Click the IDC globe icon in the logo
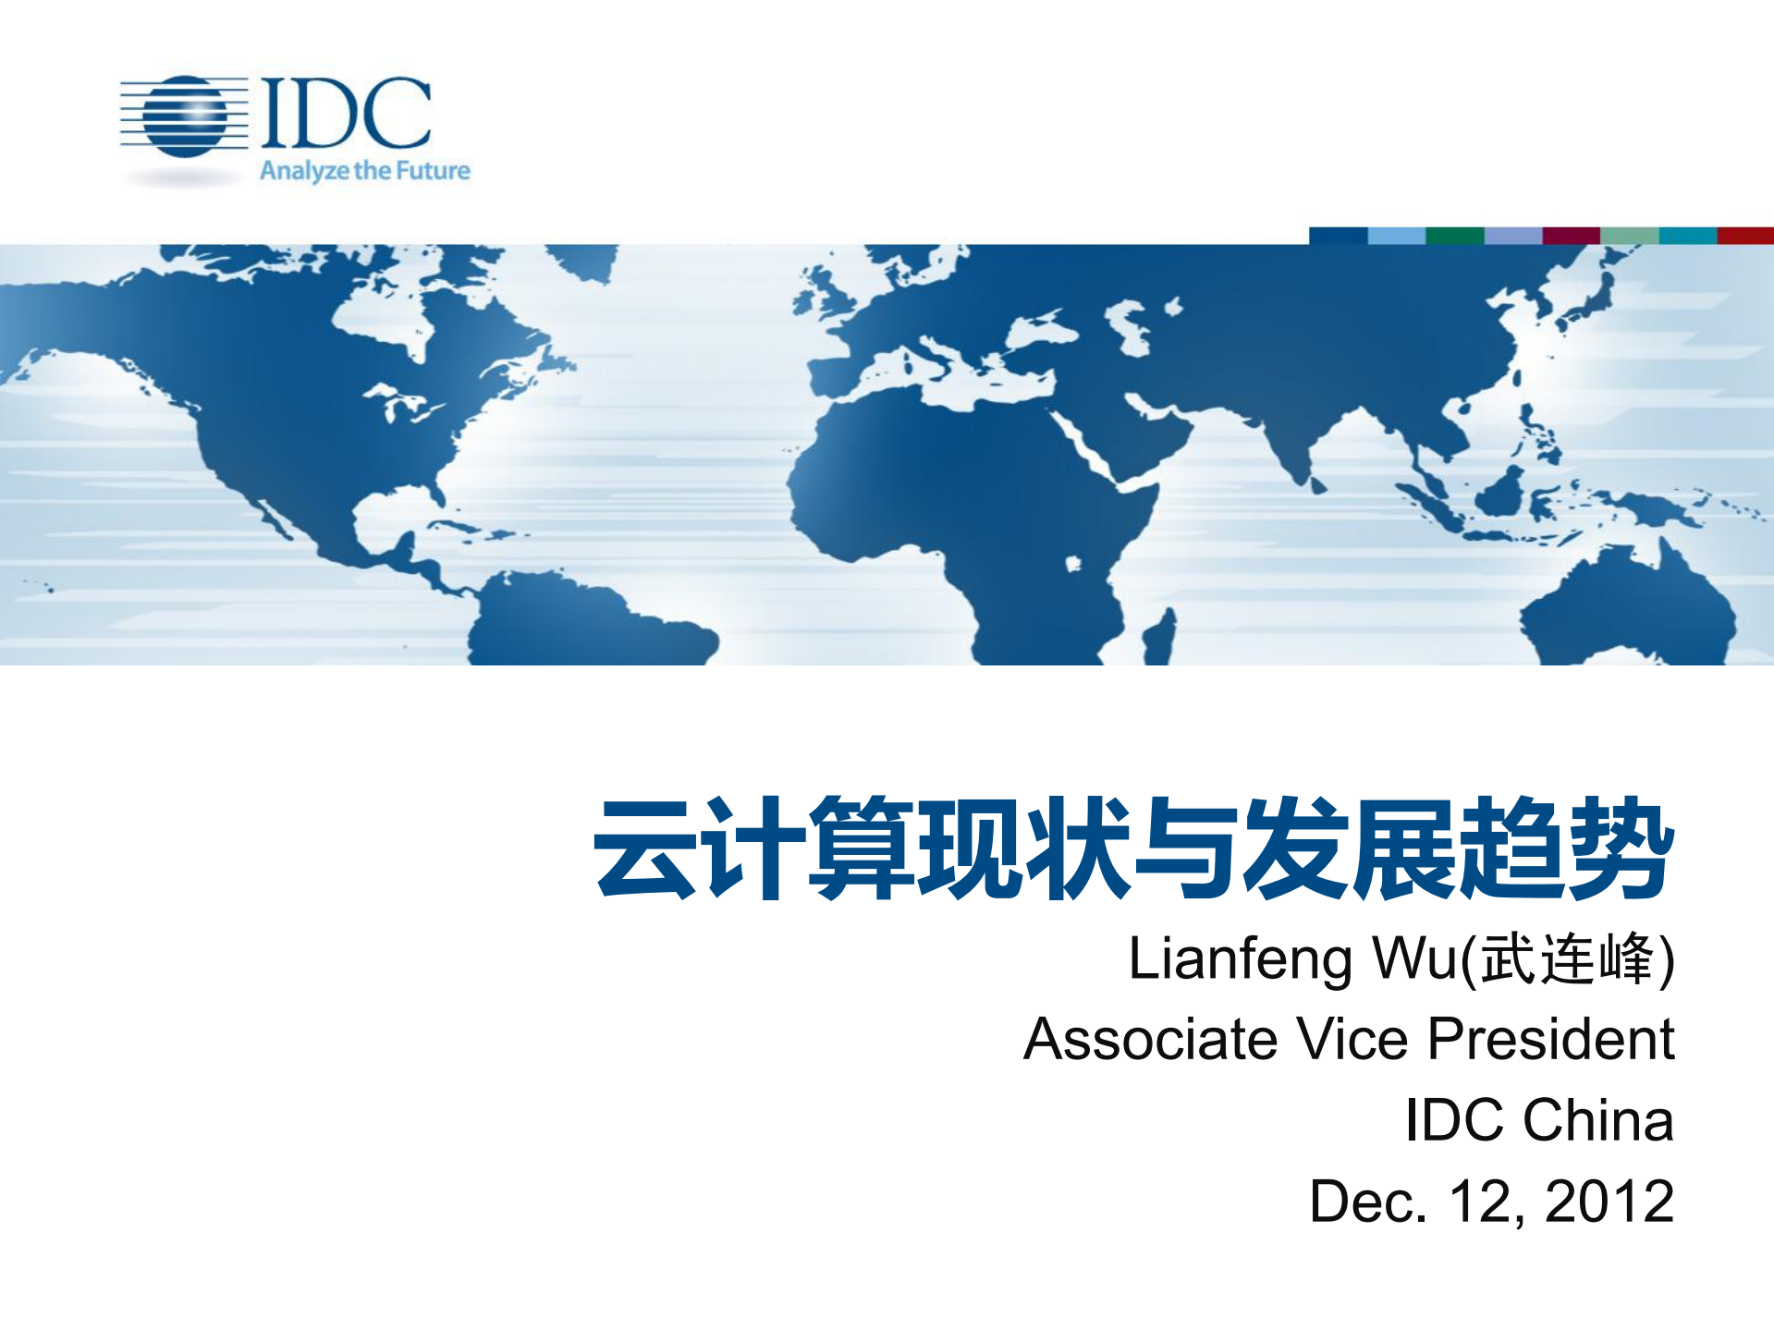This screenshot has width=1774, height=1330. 186,116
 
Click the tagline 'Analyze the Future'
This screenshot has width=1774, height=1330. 364,171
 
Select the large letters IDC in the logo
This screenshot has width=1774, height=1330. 347,113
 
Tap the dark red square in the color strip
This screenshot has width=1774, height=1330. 1744,236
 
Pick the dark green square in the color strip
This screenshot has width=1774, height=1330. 1454,236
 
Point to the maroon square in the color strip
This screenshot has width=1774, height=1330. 1571,236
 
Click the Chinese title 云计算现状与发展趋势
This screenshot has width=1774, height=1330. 1134,848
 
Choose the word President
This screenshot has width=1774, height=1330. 1550,1039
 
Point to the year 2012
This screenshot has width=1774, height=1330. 1609,1202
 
